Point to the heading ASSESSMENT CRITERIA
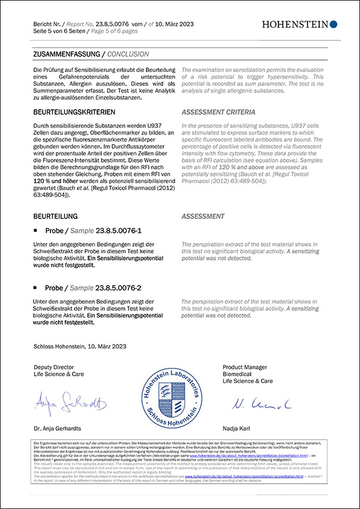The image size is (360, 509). tap(218, 112)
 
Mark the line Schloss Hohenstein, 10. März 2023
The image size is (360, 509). tap(79, 346)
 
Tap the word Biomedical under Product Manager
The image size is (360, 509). tap(239, 374)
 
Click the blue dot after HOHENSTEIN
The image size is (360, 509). tap(334, 24)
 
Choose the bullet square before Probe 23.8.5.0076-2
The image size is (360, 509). tap(37, 289)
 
